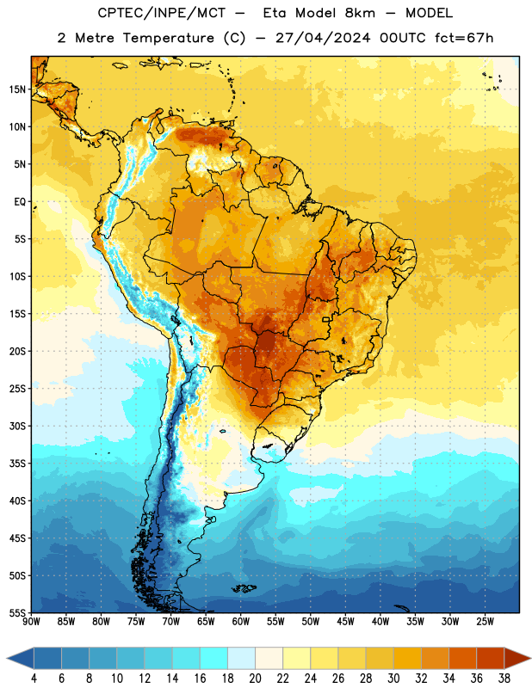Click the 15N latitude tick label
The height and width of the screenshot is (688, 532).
[17, 89]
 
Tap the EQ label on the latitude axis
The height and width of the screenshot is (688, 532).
[20, 202]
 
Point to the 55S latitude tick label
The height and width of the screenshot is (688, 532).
[17, 613]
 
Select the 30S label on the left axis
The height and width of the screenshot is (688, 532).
[17, 426]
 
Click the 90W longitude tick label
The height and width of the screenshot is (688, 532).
[31, 622]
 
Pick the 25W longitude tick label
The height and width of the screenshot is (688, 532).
[485, 622]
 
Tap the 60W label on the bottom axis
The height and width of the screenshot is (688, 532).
[241, 622]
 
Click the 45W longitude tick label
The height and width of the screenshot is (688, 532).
[345, 622]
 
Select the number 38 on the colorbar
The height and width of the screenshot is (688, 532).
[504, 679]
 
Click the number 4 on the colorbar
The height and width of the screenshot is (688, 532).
[34, 679]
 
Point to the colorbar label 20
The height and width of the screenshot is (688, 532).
[255, 679]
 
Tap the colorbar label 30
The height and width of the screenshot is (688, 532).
[393, 679]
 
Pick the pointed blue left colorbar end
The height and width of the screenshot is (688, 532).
[21, 658]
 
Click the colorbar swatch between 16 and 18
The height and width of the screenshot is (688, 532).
[214, 658]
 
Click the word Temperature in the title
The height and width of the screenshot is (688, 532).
[168, 38]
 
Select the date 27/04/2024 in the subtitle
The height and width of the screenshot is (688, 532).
[323, 38]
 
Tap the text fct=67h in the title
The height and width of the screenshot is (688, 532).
[464, 38]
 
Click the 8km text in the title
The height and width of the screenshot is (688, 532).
[360, 13]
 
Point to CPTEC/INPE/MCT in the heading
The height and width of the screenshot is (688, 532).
[162, 13]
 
